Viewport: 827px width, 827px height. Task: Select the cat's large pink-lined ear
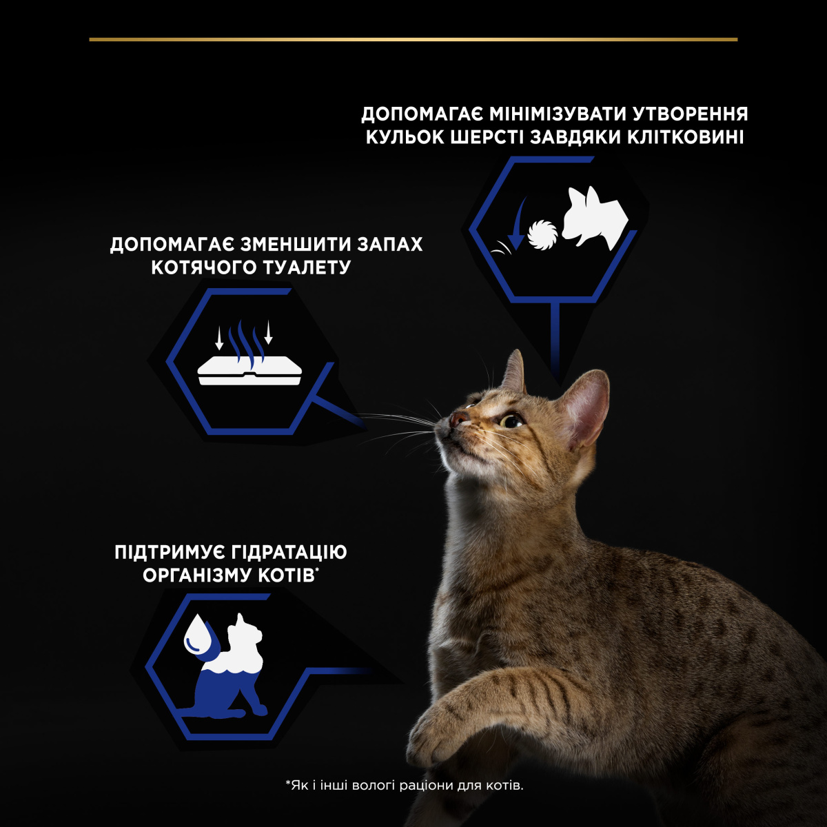(582, 407)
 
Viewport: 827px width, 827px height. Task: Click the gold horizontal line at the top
(413, 39)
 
